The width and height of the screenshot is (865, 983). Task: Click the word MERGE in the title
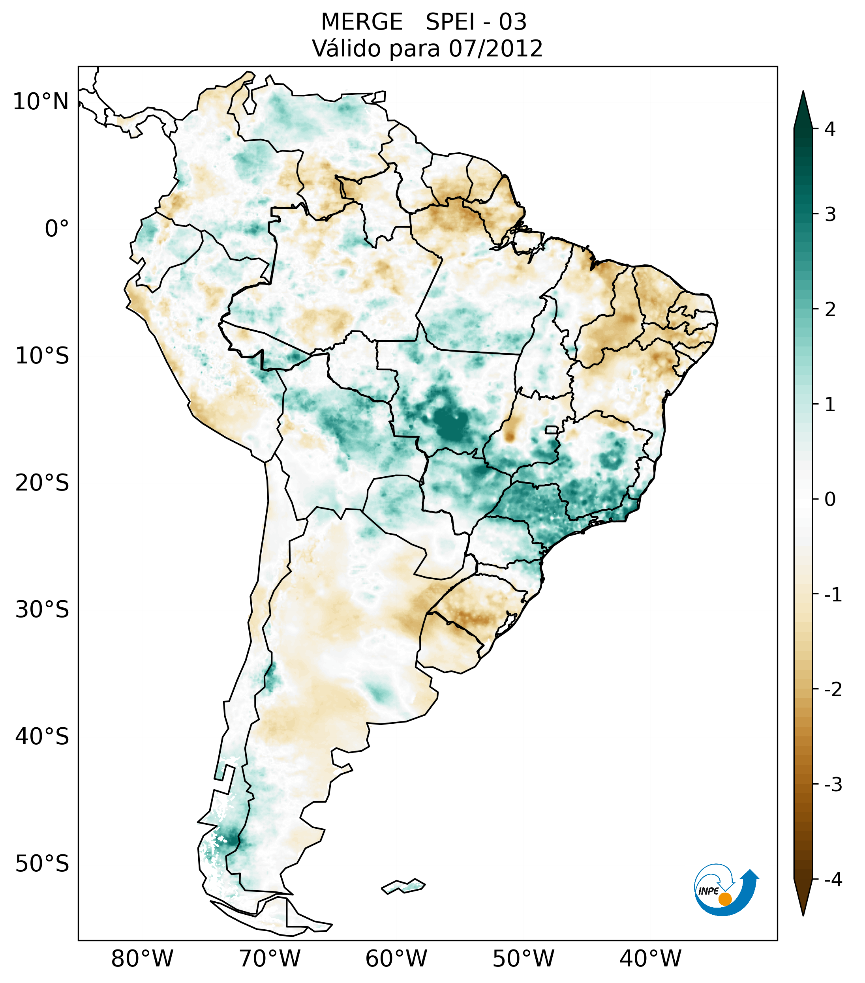tap(361, 22)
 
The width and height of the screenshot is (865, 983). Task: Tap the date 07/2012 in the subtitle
tap(495, 49)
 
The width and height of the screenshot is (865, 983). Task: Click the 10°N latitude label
tap(41, 102)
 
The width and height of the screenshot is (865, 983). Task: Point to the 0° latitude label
tap(56, 229)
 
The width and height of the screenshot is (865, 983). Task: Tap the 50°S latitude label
tap(42, 864)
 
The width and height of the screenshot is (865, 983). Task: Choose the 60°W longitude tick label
tap(396, 959)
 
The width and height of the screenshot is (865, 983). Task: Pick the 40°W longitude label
tap(650, 959)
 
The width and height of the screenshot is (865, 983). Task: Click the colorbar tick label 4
tap(830, 129)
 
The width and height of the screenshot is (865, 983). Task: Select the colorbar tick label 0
tap(830, 499)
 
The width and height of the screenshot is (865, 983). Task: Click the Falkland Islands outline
tap(403, 886)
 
